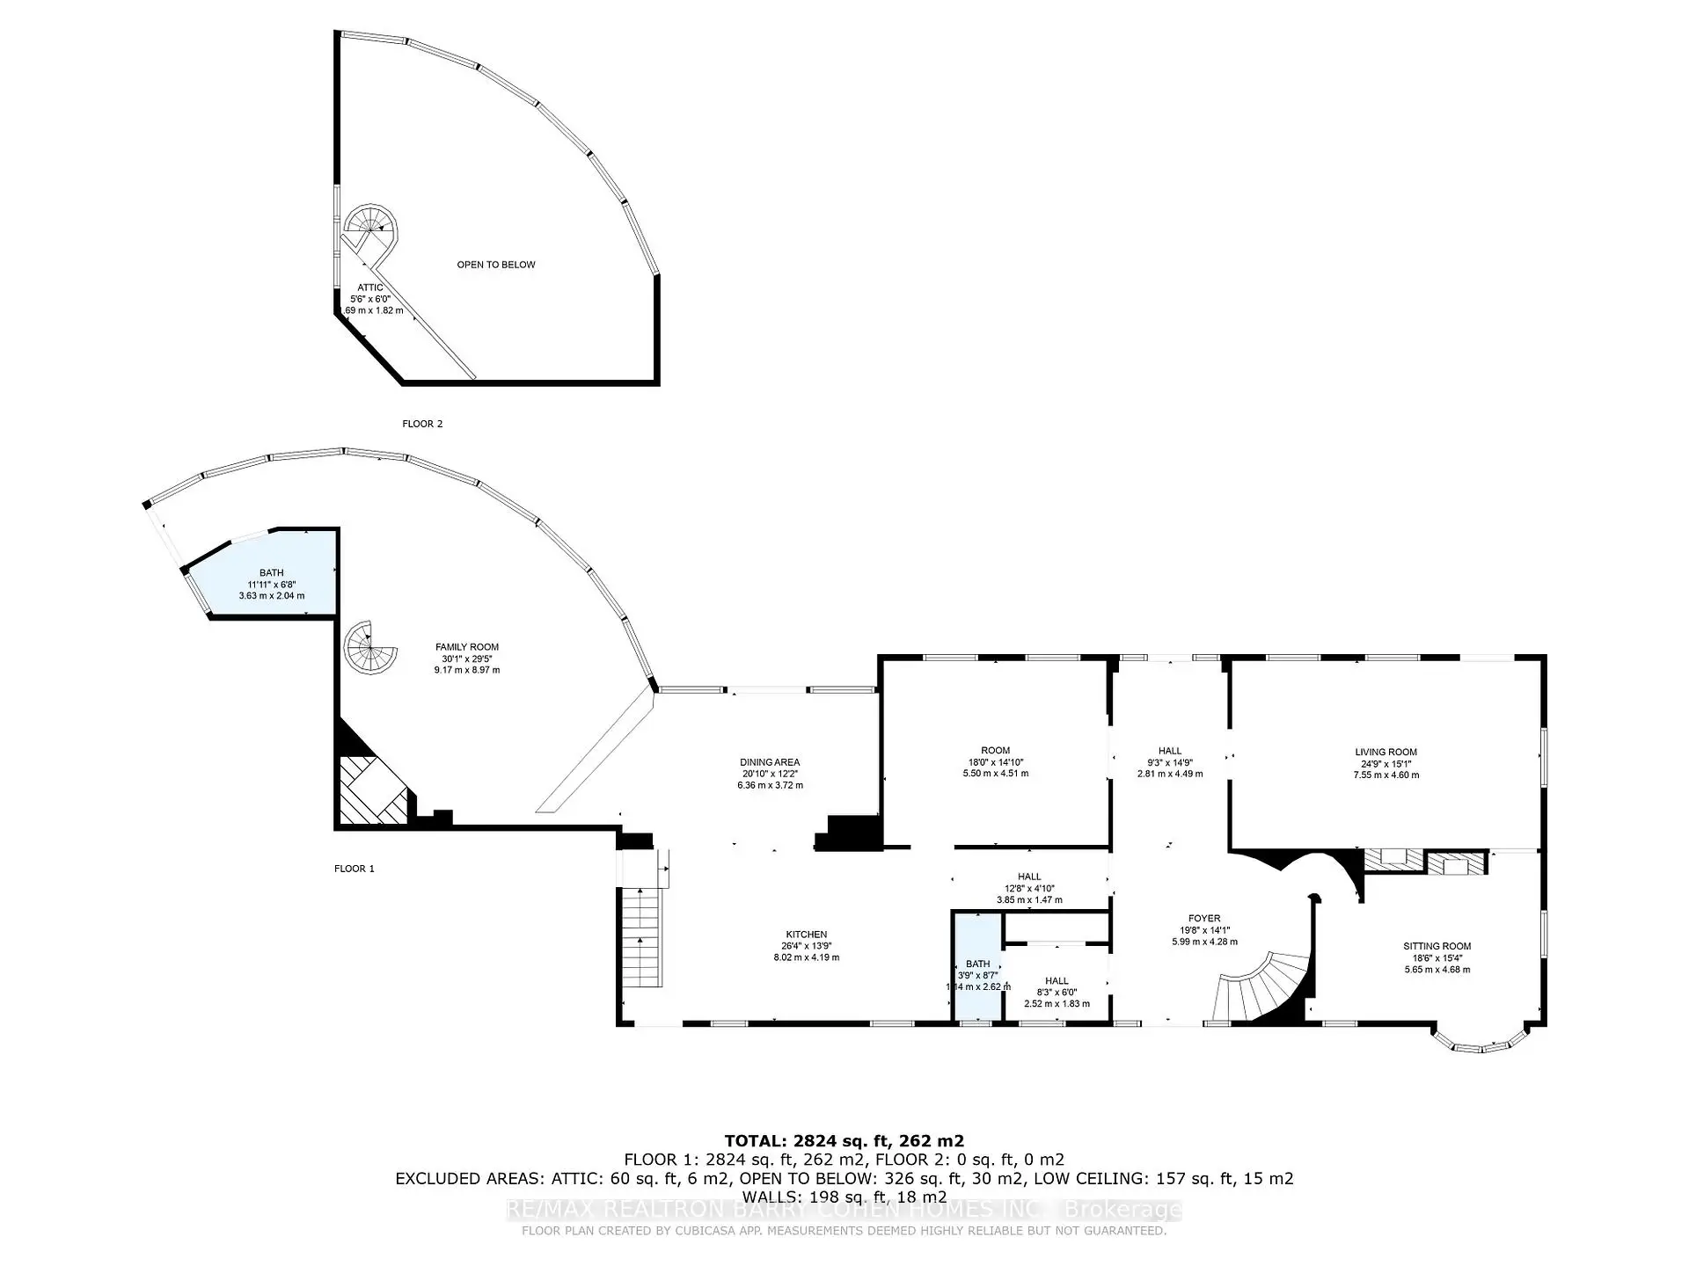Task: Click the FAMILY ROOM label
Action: point(466,647)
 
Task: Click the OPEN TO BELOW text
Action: point(495,265)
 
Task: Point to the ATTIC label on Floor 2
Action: point(369,287)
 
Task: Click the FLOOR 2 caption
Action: point(422,424)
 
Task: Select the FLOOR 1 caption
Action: point(354,869)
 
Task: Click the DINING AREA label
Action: point(770,762)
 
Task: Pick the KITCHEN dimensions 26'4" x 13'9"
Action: point(806,946)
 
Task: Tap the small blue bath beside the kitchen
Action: point(977,967)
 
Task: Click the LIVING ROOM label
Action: point(1386,752)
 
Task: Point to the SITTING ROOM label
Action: point(1437,946)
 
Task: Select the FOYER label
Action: point(1203,918)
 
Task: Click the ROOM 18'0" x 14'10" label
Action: point(995,751)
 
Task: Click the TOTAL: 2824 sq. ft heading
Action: point(844,1141)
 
